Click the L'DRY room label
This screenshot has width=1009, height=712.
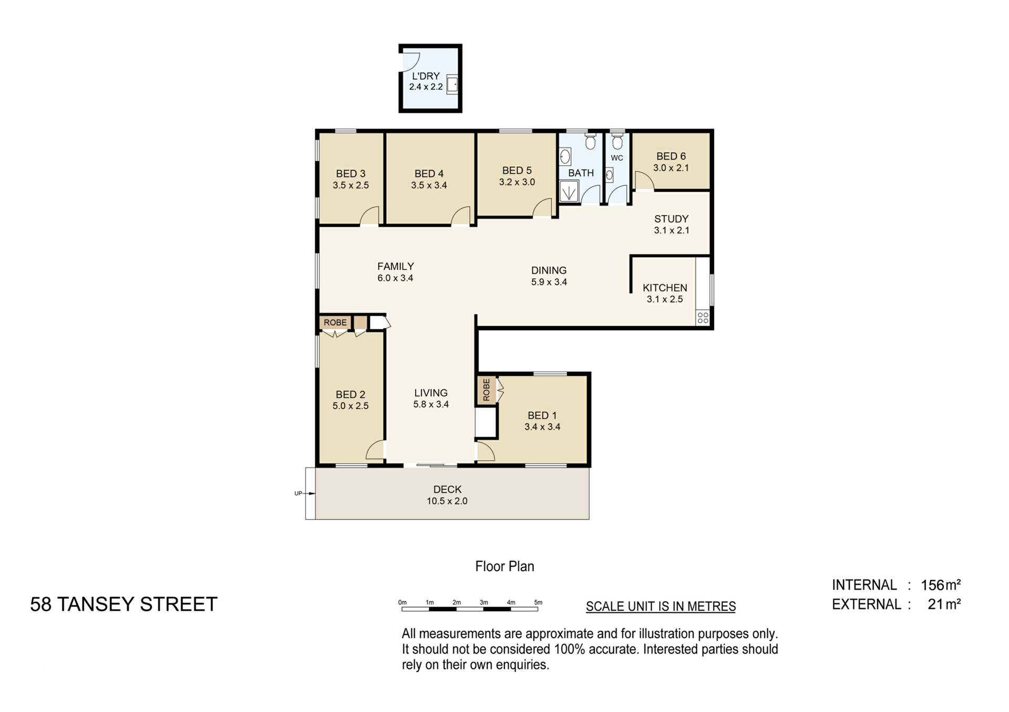tap(425, 76)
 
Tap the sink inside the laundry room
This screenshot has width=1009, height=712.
tap(452, 85)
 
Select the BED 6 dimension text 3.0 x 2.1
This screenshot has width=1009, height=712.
tap(671, 168)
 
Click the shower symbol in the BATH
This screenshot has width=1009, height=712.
tap(569, 191)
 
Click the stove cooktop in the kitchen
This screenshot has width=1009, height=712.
tap(703, 317)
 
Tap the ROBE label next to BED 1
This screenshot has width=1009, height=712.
tap(486, 390)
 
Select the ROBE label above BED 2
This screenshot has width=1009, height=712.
tap(335, 322)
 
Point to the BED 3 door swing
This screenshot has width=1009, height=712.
tap(370, 216)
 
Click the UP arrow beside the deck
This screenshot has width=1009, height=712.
tap(310, 494)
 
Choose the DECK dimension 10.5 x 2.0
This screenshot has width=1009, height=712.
tap(447, 501)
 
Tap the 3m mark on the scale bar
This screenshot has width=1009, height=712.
tap(483, 603)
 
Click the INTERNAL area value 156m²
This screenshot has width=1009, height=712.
tap(940, 585)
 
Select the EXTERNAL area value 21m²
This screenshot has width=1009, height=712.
tap(944, 604)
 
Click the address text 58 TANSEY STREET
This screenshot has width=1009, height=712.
tap(123, 604)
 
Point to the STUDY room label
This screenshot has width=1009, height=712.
tap(671, 219)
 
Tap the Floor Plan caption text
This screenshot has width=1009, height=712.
tap(504, 567)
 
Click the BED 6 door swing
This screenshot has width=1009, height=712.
tap(644, 181)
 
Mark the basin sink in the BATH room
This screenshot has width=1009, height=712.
tap(565, 156)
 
